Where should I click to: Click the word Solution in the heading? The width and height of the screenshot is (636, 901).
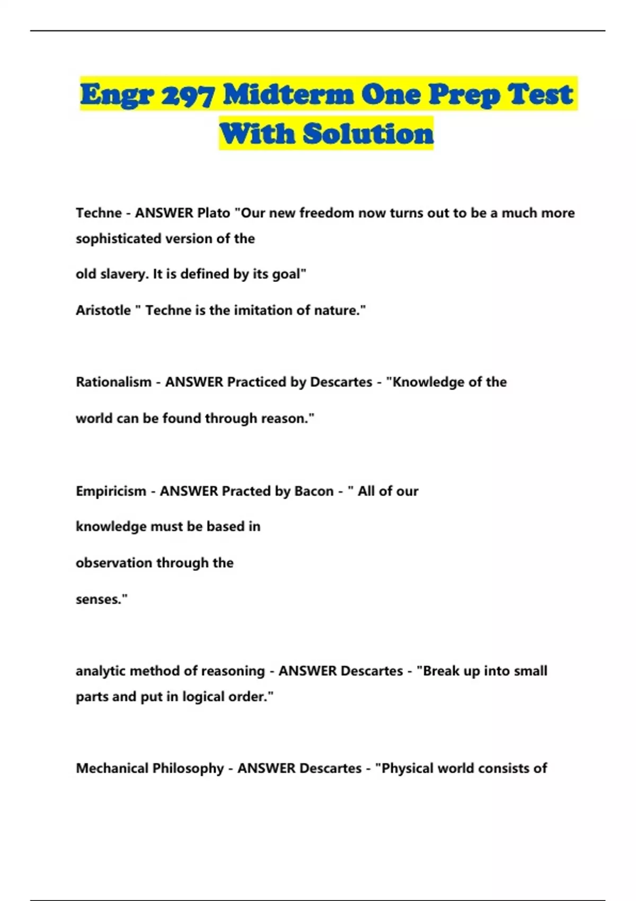(x=368, y=134)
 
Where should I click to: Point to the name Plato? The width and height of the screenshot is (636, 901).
(x=214, y=213)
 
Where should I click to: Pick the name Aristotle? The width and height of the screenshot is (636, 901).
(x=103, y=311)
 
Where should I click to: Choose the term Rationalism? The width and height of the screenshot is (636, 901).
(x=113, y=382)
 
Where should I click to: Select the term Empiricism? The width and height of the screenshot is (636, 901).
(x=111, y=491)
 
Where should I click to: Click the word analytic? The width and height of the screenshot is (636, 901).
(x=101, y=671)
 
